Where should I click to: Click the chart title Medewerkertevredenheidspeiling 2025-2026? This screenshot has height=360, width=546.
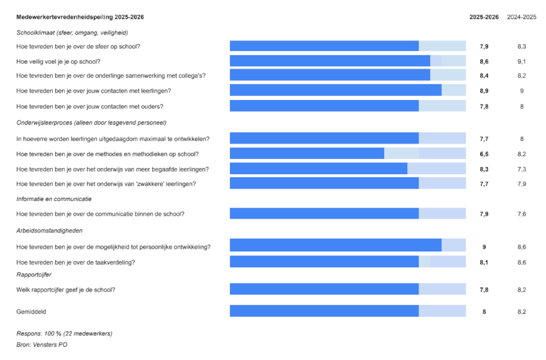(x=80, y=17)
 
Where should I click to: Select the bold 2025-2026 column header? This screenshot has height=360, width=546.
(x=484, y=17)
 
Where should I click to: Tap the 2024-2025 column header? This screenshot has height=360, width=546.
(x=522, y=17)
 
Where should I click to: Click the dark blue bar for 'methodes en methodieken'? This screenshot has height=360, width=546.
(x=307, y=154)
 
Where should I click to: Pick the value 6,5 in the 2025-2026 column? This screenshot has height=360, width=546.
(x=484, y=154)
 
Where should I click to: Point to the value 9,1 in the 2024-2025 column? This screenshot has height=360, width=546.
(x=522, y=61)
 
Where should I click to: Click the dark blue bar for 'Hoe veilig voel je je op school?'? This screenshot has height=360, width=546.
(x=330, y=61)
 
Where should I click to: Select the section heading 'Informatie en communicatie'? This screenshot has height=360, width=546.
(x=54, y=199)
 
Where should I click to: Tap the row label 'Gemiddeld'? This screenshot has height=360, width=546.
(x=31, y=311)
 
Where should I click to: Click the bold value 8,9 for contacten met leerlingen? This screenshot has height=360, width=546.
(x=484, y=90)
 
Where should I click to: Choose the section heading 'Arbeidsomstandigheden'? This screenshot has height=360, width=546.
(x=50, y=231)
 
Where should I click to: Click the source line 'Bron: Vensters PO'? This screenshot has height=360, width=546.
(x=42, y=344)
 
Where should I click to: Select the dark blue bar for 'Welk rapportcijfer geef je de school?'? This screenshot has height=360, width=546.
(x=324, y=290)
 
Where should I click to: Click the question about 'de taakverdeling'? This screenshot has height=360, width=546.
(x=76, y=262)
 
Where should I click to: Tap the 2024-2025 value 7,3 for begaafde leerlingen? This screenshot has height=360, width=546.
(x=522, y=169)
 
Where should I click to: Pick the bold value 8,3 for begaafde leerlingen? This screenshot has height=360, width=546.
(x=484, y=169)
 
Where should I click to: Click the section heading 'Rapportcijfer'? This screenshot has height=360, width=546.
(x=35, y=274)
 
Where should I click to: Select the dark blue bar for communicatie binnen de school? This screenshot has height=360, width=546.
(x=324, y=213)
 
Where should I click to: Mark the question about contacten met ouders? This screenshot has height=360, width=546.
(x=90, y=106)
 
